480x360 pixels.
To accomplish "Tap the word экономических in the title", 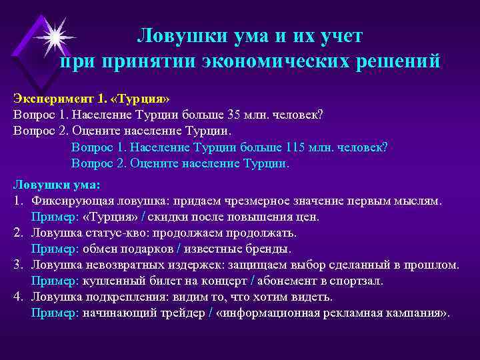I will coord(262,61).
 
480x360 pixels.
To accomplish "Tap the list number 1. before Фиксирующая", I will coord(18,201).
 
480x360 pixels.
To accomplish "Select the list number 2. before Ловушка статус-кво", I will coord(18,233).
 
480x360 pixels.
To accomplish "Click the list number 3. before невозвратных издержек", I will coord(18,265).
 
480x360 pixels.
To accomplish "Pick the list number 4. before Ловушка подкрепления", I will coord(18,297).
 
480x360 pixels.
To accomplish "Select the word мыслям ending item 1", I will coord(419,201).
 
